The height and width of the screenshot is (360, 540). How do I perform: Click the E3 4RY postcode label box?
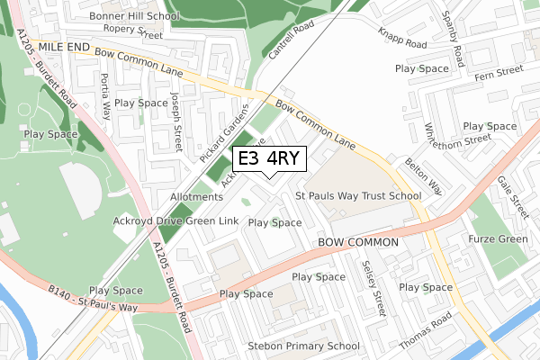(270, 159)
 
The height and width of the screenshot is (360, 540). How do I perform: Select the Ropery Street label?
(132, 33)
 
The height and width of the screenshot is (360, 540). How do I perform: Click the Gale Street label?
(513, 196)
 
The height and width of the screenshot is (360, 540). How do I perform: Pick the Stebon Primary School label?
(304, 346)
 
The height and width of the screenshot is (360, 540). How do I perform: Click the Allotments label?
(195, 197)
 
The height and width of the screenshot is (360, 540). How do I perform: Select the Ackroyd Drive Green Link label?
(175, 220)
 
